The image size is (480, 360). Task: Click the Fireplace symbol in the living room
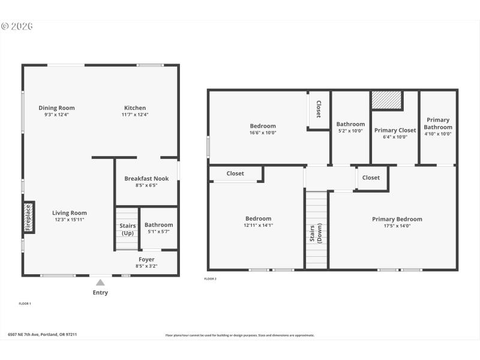tap(28, 217)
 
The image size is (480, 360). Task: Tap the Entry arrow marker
tap(100, 283)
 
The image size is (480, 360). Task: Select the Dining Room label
tap(57, 108)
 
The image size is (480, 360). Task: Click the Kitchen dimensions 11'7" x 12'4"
tap(135, 115)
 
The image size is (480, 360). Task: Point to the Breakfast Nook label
tap(146, 178)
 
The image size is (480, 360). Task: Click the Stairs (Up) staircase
tap(127, 229)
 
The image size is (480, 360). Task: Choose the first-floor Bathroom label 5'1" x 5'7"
tap(158, 225)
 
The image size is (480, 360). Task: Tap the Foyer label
tap(146, 259)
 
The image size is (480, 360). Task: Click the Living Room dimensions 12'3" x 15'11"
tap(70, 220)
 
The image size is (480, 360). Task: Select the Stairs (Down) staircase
tap(316, 229)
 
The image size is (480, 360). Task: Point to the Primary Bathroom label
tap(437, 123)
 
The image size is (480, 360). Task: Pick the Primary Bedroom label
tap(397, 219)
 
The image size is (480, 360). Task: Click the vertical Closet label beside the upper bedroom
tap(319, 109)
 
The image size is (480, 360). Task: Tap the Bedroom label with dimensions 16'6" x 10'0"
tap(263, 126)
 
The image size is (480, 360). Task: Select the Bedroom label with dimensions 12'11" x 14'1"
tap(258, 218)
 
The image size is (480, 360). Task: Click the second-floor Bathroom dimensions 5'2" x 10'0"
tap(350, 131)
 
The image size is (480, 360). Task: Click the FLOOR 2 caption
tap(210, 279)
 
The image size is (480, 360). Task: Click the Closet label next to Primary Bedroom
tap(371, 178)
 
